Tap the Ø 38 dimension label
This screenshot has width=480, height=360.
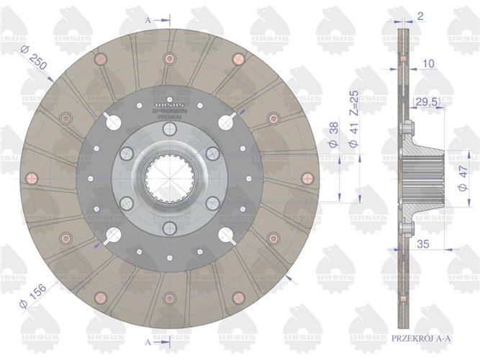tap(335, 135)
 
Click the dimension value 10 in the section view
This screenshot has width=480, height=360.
tap(428, 64)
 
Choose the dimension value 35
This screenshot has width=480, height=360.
tap(423, 245)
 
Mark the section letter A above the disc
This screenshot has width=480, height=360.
tap(148, 21)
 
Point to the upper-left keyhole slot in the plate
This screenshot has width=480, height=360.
tap(113, 123)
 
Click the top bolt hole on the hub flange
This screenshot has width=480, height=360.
tap(168, 128)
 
